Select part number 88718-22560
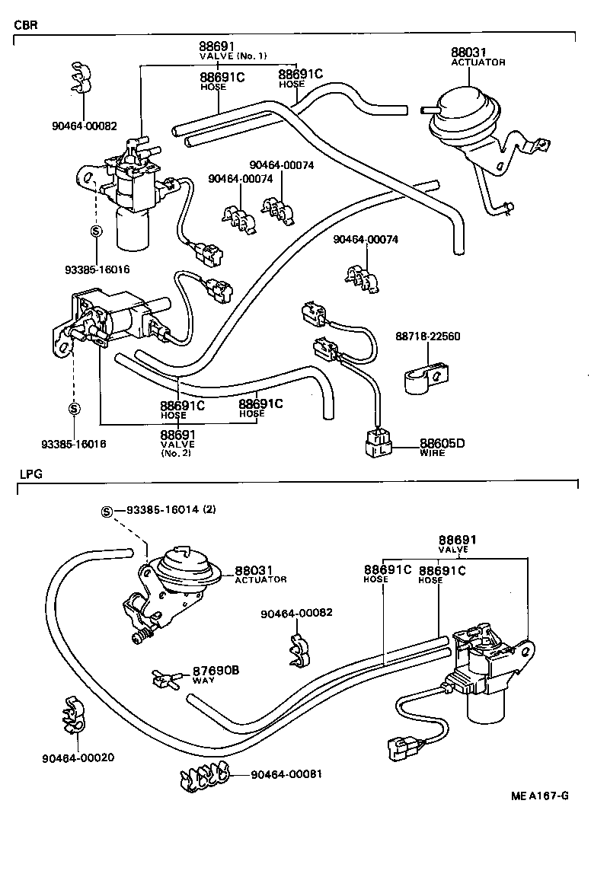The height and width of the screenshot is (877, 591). [427, 336]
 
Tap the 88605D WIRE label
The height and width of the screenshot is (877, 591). [441, 447]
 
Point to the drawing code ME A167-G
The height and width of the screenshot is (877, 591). [539, 796]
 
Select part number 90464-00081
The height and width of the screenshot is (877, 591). [286, 773]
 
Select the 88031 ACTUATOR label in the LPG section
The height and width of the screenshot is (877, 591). [260, 574]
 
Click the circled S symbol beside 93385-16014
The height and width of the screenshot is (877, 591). [107, 511]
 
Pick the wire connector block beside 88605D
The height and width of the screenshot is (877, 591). [379, 444]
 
